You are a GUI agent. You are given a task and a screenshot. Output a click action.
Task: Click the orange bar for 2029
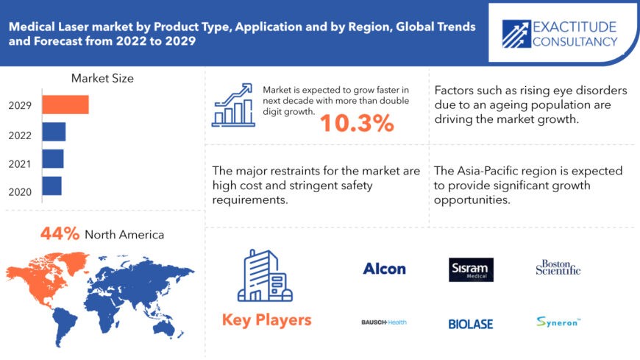[65, 105]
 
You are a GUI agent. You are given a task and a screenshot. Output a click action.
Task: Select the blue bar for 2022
[54, 132]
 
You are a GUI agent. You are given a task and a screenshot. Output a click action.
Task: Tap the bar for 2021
[52, 159]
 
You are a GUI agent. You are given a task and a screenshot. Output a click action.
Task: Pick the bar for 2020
[51, 186]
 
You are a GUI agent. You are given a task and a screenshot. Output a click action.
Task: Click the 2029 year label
[20, 105]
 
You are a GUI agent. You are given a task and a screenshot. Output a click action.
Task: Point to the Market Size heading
[102, 78]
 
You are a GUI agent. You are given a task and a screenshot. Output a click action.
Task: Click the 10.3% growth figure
[356, 124]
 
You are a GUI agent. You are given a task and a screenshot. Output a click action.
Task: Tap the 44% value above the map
[60, 234]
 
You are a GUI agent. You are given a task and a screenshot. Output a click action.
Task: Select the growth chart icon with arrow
[233, 105]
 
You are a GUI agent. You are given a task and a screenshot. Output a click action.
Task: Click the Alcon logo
[384, 269]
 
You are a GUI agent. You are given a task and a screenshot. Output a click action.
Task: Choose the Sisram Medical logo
[471, 269]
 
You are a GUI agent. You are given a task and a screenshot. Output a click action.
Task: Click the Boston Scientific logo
[558, 268]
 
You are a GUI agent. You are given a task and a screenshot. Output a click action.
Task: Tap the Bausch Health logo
[384, 322]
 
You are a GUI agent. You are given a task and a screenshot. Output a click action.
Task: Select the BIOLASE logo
[471, 324]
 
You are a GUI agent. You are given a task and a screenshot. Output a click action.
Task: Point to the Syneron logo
[558, 322]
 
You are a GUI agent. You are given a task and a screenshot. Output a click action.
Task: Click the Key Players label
[266, 320]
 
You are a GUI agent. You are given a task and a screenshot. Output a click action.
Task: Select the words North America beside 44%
[124, 235]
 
